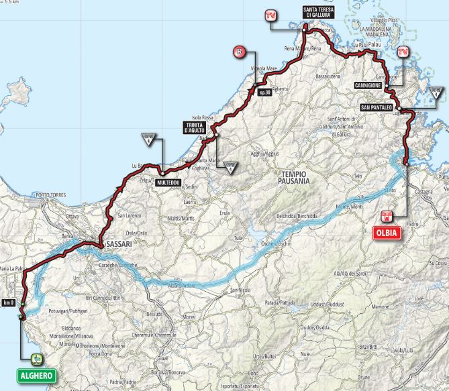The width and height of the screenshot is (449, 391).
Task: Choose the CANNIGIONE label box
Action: (x=369, y=87)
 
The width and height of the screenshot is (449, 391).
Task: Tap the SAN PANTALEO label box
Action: (x=375, y=107)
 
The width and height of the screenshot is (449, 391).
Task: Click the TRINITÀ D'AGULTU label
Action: (x=199, y=127)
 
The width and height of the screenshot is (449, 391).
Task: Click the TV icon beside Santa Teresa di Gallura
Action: (x=271, y=17)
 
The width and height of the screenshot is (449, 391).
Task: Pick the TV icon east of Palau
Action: (x=403, y=52)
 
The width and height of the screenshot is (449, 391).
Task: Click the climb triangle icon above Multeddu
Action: (x=148, y=139)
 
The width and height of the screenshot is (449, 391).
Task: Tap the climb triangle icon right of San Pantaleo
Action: (x=436, y=93)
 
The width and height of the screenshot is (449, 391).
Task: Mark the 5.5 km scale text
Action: (x=11, y=3)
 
